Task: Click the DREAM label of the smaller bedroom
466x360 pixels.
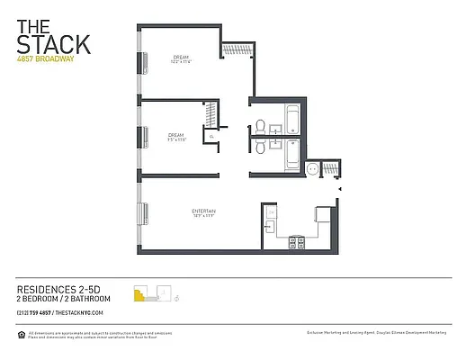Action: (175, 136)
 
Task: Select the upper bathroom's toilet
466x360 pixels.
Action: (259, 125)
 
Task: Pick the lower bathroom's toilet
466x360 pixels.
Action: (259, 151)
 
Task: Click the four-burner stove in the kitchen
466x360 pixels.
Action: (296, 240)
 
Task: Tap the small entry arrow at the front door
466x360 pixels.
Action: (339, 190)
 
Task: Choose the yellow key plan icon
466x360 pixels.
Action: (139, 293)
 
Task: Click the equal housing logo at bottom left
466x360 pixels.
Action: (22, 334)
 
